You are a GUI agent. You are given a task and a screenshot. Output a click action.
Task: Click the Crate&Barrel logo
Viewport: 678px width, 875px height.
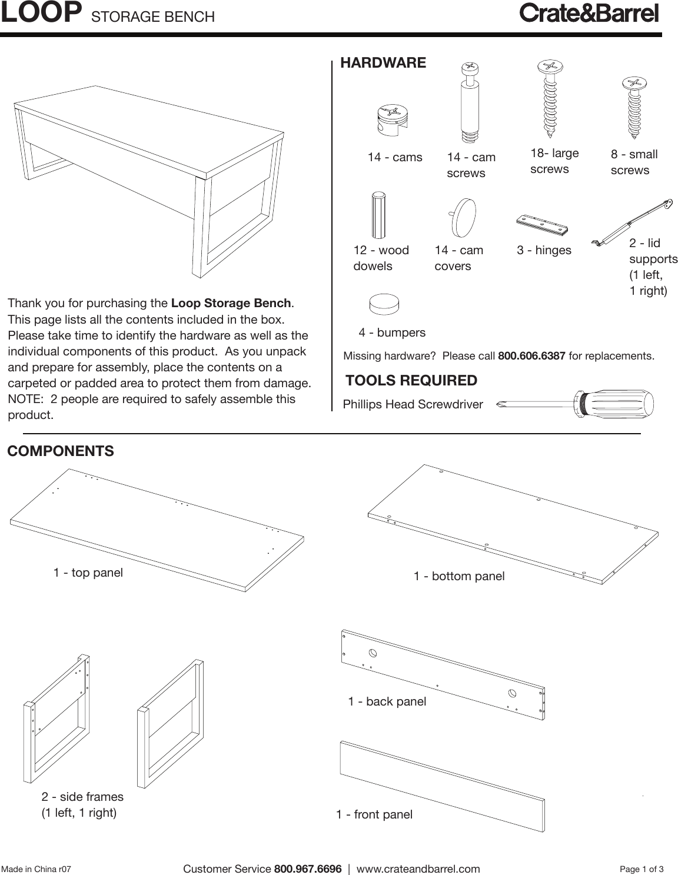pyautogui.click(x=589, y=13)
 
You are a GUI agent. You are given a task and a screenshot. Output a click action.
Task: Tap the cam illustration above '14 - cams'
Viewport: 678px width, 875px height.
pyautogui.click(x=392, y=119)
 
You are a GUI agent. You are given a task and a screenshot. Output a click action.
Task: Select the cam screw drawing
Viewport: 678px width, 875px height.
pyautogui.click(x=468, y=102)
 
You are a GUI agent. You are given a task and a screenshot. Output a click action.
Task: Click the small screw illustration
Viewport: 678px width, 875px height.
pyautogui.click(x=633, y=107)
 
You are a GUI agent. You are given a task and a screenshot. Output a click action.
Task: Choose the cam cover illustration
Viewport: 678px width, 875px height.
pyautogui.click(x=462, y=217)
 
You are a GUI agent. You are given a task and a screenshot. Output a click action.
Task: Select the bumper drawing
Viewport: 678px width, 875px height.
pyautogui.click(x=384, y=305)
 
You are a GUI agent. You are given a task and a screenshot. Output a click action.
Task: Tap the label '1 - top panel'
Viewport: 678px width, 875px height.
pyautogui.click(x=88, y=573)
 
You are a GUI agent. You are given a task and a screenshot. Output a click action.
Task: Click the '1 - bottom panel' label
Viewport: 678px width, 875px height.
pyautogui.click(x=459, y=576)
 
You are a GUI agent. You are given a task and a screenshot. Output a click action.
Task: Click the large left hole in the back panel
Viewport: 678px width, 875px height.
pyautogui.click(x=373, y=653)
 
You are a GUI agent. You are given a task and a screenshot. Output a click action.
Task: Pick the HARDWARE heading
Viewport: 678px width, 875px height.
pyautogui.click(x=383, y=63)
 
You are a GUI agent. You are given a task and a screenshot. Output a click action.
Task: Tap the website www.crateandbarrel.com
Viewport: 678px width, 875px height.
pyautogui.click(x=418, y=869)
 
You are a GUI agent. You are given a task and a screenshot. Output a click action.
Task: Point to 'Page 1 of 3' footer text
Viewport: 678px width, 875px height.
pyautogui.click(x=642, y=869)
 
